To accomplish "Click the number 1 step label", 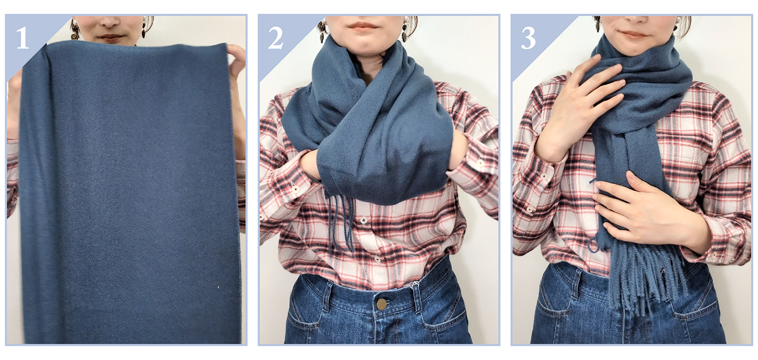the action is pos(22,38).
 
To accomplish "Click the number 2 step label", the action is pos(275,38).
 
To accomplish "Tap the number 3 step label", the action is pos(528,38).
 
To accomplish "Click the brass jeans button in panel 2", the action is pos(382,304).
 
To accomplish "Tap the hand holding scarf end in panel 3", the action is pos(643,210).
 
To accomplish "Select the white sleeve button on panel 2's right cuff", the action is pos(480,163).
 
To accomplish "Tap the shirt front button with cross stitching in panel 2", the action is pos(364,220).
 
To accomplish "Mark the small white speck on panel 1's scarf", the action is pos(218,288).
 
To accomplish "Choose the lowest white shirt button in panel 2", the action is pos(376,259).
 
